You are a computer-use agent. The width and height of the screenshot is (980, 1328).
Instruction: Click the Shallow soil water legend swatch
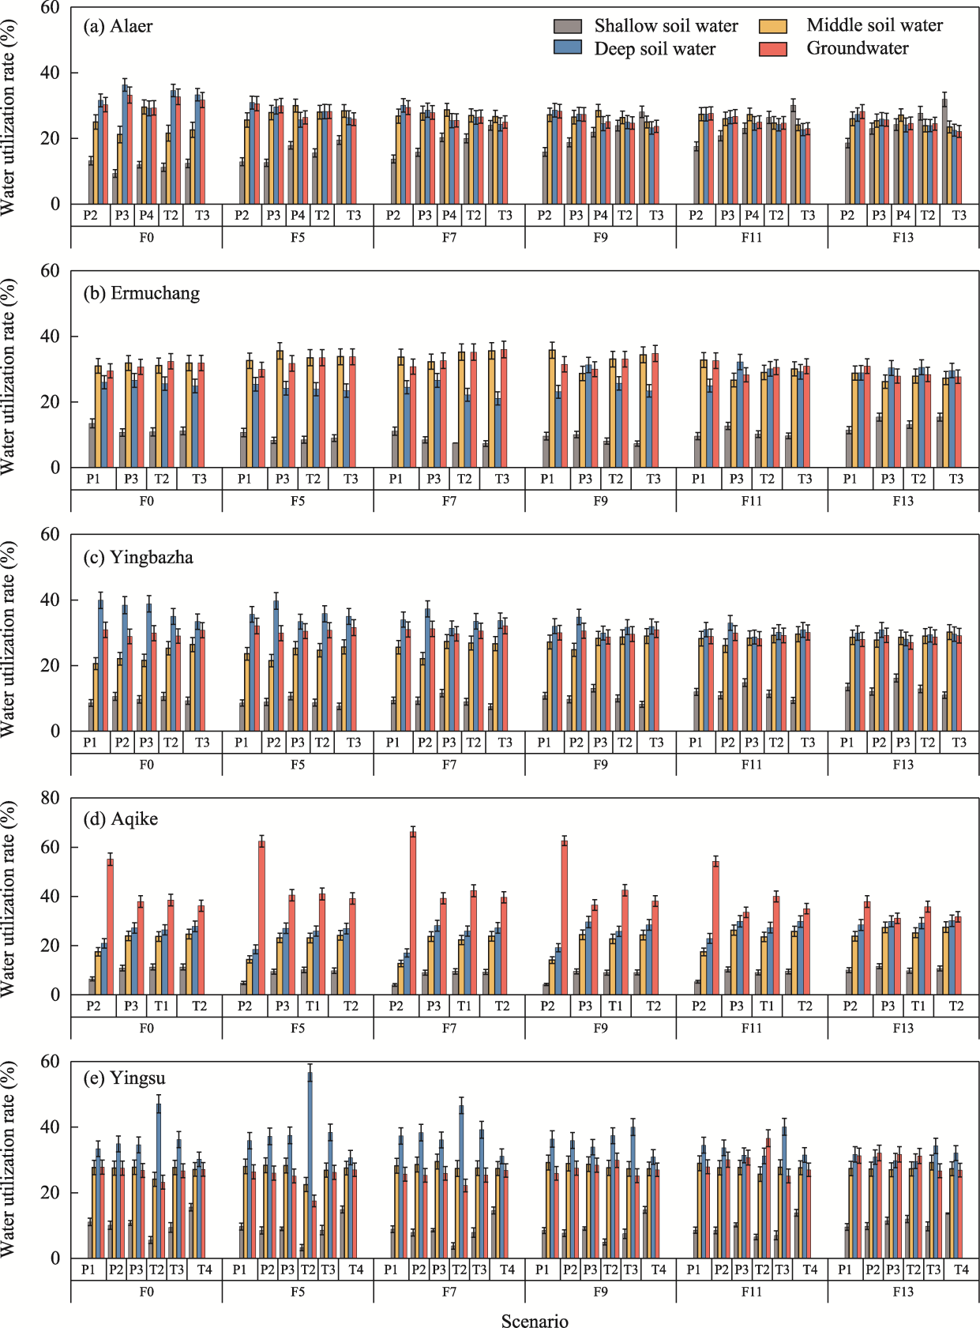[568, 26]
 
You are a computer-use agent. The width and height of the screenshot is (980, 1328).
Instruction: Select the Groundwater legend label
[857, 48]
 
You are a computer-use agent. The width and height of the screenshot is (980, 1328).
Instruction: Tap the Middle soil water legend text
[874, 25]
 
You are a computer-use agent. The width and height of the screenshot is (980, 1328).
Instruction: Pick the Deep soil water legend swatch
[568, 48]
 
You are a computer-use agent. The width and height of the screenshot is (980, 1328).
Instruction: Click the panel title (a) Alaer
[118, 26]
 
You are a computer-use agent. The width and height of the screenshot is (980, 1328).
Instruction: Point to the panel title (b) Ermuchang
[141, 293]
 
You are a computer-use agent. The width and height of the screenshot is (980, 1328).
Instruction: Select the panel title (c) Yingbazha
[138, 557]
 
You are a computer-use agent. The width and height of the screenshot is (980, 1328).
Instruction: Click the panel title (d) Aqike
[120, 818]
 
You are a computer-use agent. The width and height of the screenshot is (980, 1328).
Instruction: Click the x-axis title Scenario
[535, 1321]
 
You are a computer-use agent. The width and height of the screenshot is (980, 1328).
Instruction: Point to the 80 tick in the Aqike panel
[50, 798]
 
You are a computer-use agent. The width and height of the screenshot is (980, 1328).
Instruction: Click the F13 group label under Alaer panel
[903, 237]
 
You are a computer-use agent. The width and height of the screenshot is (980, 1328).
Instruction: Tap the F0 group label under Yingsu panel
[146, 1291]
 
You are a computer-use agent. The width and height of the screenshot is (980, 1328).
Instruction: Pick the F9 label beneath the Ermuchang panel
[600, 501]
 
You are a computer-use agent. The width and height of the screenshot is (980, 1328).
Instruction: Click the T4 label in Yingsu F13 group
[961, 1269]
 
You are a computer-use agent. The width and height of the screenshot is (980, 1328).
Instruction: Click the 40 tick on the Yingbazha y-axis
[50, 600]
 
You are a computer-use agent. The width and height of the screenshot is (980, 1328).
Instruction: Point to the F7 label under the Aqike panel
[449, 1028]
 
